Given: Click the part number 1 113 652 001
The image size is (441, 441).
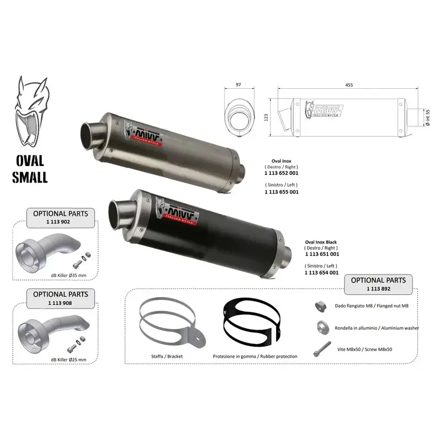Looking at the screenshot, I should (282, 173).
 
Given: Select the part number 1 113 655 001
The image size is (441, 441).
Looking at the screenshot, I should (282, 192).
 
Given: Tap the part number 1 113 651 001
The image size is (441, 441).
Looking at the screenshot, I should (322, 254).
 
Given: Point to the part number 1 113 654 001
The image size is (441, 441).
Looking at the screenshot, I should (322, 272).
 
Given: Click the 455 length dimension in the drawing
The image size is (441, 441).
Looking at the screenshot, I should (349, 84).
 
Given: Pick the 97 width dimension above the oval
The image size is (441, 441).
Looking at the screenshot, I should (239, 84).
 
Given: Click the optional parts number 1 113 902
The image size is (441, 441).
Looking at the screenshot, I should (59, 221).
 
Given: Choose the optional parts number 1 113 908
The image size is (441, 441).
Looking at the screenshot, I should (59, 303).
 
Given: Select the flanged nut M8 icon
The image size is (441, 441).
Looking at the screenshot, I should (319, 305).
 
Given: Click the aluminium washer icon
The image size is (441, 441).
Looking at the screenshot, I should (320, 327).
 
